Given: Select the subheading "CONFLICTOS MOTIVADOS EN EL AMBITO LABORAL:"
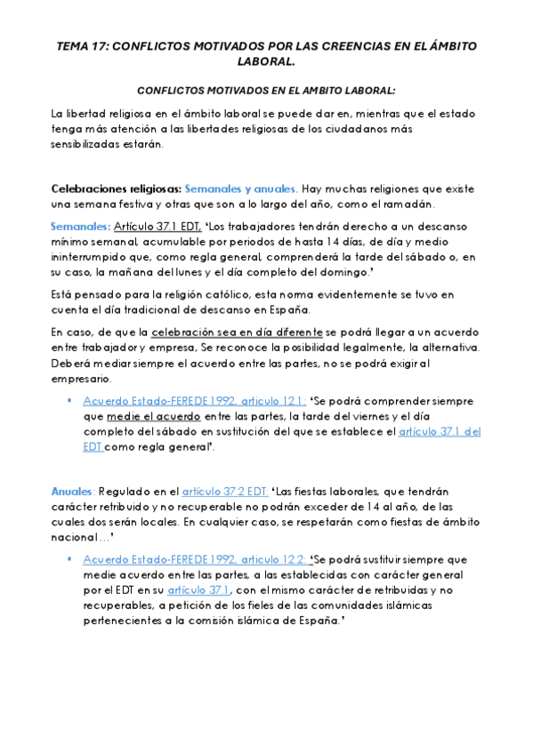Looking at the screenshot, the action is pos(266,90).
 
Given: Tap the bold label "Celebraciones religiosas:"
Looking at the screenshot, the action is pos(117,188).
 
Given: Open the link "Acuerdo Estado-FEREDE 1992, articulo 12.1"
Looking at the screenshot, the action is pos(194,401).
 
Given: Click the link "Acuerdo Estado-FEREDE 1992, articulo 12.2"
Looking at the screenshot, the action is pos(195,558).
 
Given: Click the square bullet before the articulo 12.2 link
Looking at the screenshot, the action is pos(69,558).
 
